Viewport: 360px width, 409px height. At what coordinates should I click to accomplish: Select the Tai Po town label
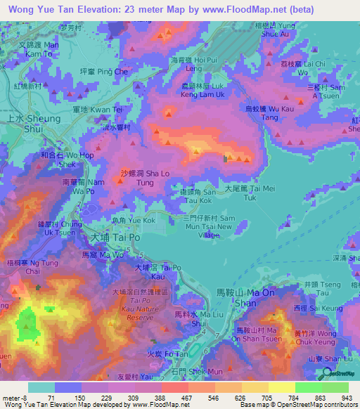pos(103,239)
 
